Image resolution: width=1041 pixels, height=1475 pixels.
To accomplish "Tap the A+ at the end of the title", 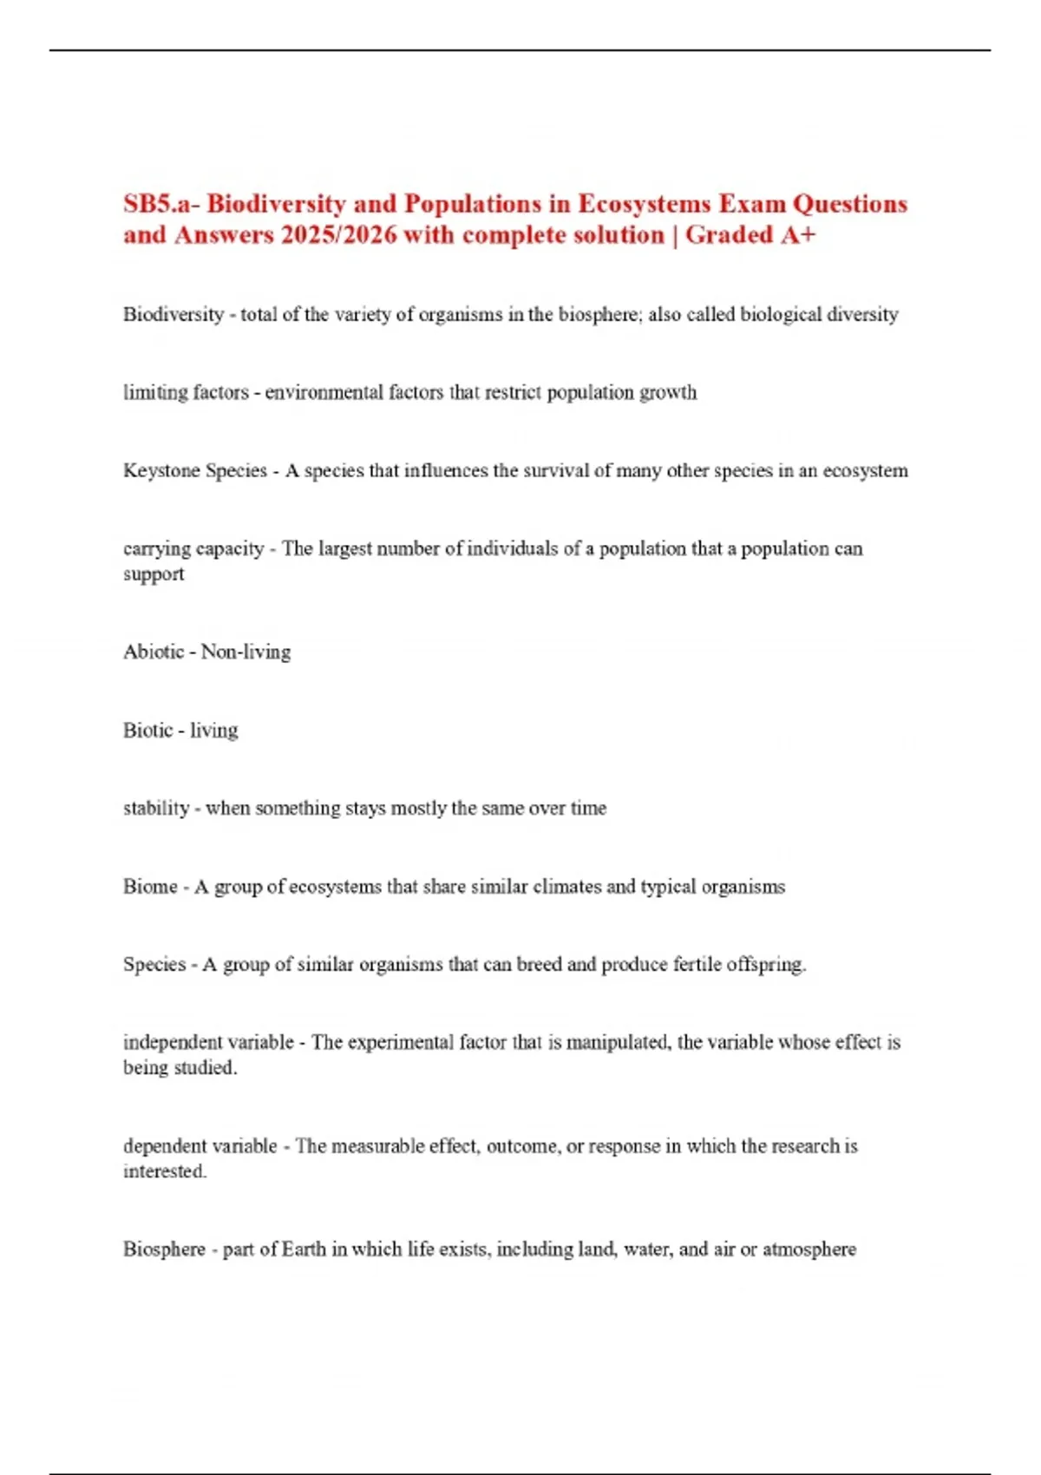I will (797, 235).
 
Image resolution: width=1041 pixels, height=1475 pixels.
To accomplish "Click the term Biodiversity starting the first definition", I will (173, 314).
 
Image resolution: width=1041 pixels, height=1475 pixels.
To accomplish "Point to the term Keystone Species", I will (195, 470).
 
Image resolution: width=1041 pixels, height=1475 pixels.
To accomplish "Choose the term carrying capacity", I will (193, 548).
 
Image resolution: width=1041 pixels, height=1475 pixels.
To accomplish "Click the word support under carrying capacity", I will (154, 574).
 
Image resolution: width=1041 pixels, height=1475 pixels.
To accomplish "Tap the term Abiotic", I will (154, 652).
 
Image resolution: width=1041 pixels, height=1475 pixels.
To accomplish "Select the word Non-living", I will (246, 652).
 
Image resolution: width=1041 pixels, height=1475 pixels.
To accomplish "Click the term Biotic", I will (147, 730).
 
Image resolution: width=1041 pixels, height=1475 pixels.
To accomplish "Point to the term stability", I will (156, 808).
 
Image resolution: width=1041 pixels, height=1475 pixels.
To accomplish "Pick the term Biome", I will (150, 886).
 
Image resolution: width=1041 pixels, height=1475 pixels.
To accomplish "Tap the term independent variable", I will (208, 1042).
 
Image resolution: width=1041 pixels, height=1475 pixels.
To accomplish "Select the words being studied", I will (180, 1067).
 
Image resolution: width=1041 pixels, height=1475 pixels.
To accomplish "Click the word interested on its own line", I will (165, 1171).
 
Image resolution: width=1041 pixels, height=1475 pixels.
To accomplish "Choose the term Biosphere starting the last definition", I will (164, 1249).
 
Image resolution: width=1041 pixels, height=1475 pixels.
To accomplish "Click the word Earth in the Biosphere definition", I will (304, 1249).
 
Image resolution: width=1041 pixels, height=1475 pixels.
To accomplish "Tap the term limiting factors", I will (186, 392).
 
